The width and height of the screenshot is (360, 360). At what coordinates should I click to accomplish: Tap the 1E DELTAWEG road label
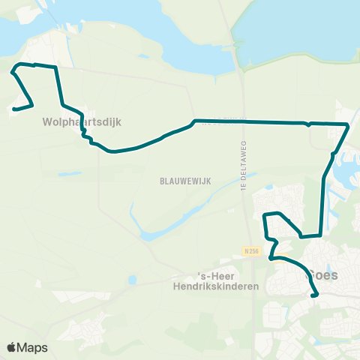tap(243, 169)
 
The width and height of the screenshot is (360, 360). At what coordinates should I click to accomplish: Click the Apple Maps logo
tap(27, 348)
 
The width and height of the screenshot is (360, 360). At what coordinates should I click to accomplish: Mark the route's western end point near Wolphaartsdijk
tap(13, 109)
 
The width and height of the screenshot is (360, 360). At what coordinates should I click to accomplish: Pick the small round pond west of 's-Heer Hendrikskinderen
tap(133, 280)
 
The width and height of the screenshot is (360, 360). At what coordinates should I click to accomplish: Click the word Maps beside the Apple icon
tap(32, 348)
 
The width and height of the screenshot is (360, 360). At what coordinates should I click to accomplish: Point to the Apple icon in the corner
tap(11, 347)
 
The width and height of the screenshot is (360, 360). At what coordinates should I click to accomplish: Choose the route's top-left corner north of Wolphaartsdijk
tap(20, 64)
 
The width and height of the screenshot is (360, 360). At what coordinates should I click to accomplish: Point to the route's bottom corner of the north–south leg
tap(320, 235)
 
